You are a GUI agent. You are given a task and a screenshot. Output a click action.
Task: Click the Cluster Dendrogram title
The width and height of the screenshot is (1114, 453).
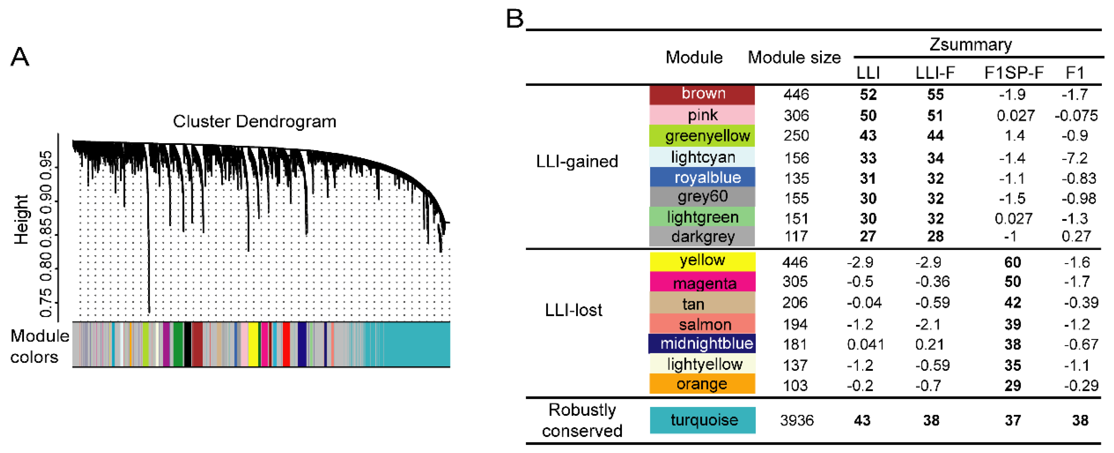[x=254, y=122]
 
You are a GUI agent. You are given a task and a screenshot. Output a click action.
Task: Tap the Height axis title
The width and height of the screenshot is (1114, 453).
[x=21, y=219]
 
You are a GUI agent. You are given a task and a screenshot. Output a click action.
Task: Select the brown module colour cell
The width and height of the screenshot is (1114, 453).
[x=702, y=94]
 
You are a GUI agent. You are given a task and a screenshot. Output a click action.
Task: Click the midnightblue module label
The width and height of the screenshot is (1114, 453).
[x=706, y=344]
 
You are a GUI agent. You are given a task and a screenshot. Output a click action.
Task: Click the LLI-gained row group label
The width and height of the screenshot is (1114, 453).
[x=577, y=161]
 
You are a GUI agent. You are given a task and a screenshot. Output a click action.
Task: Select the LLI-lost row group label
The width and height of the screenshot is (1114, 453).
[x=573, y=310]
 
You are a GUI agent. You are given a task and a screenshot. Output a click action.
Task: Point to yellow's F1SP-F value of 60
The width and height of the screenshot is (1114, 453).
[x=1012, y=262]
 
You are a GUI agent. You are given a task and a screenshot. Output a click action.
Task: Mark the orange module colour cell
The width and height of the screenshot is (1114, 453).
[x=702, y=384]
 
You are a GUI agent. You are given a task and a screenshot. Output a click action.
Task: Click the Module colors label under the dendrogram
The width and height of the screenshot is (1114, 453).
[x=39, y=346]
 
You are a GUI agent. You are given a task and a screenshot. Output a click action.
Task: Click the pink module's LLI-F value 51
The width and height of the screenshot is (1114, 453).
[x=935, y=116]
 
